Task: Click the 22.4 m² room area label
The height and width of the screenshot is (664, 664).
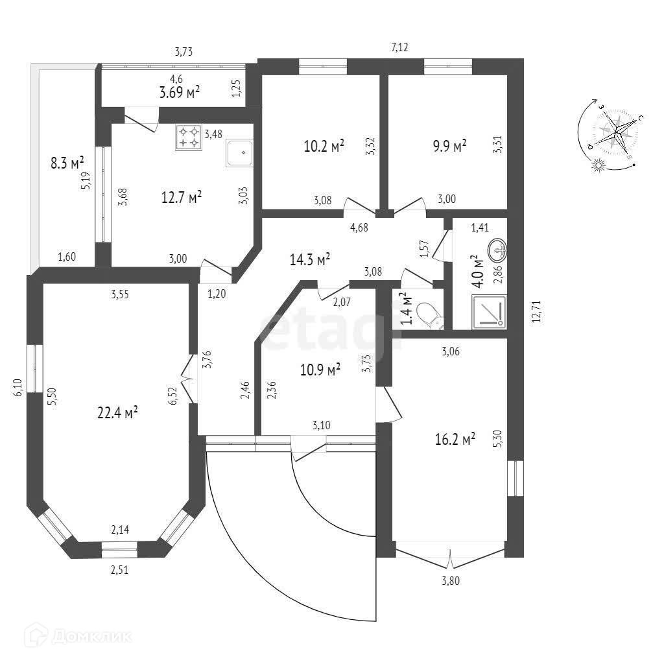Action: click(117, 412)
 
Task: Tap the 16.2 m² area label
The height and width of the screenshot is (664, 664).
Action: click(455, 440)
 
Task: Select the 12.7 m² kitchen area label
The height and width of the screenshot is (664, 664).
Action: click(181, 196)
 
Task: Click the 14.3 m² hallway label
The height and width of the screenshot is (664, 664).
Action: click(310, 259)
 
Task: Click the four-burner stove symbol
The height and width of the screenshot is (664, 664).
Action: click(189, 137)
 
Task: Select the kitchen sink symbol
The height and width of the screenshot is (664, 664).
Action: click(239, 153)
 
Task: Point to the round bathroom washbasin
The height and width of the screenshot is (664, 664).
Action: click(498, 248)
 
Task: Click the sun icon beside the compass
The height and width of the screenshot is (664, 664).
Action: click(599, 166)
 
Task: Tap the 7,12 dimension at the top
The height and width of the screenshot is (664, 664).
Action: click(399, 47)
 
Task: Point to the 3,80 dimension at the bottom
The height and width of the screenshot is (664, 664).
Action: click(450, 581)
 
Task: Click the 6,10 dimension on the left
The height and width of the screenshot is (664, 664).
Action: click(18, 389)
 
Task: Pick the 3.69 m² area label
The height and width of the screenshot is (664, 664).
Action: click(179, 93)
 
